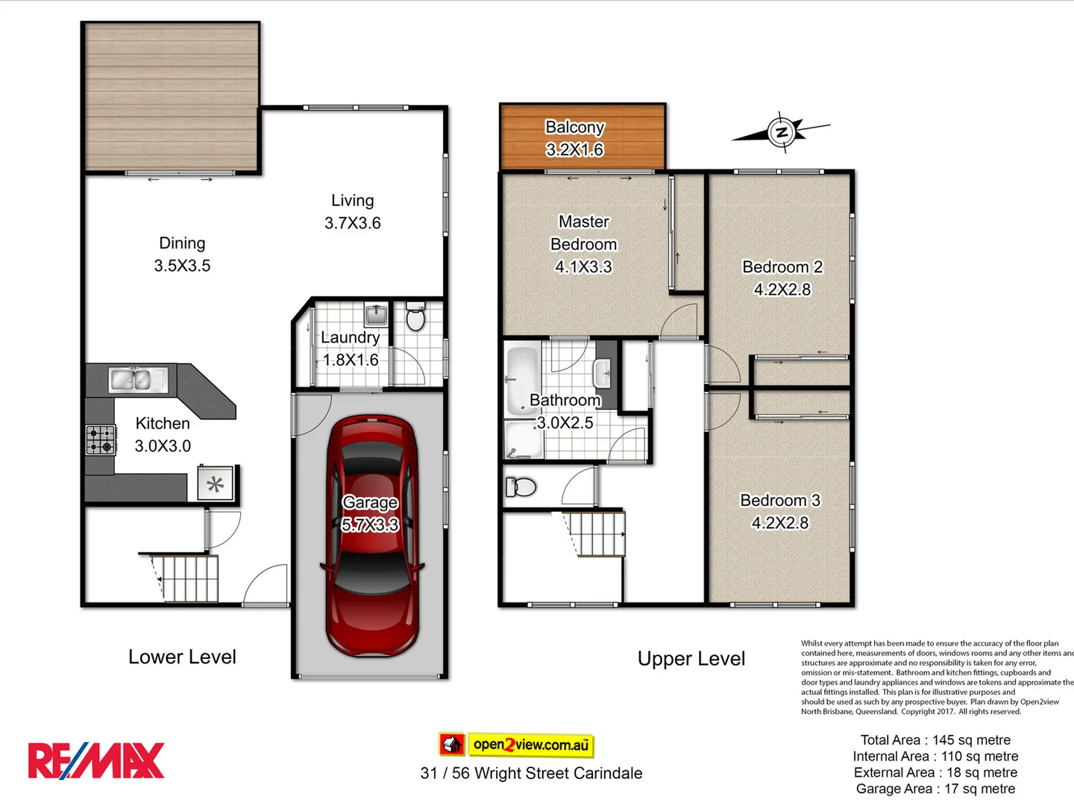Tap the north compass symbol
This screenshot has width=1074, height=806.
point(781,134)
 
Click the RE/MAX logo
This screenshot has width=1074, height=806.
point(96,760)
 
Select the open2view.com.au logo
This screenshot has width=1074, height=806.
point(517,744)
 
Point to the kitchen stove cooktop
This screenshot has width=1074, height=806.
point(101,440)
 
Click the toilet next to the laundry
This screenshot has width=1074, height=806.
point(415,317)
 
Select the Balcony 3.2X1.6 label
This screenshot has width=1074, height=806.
point(574,139)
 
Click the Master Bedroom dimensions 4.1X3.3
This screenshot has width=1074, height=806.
point(583,267)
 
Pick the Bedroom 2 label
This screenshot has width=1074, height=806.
point(782,267)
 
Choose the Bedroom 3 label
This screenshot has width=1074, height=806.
point(780,501)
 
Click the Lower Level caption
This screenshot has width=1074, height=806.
point(182,657)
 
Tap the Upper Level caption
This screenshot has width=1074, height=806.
point(691,659)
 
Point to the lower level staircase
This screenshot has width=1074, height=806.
point(186,578)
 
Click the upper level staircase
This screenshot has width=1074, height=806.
point(594,534)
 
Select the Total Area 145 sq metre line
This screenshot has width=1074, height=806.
point(935,740)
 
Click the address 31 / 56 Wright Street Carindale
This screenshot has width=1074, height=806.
point(531,773)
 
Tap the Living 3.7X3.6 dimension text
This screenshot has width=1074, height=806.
point(353,223)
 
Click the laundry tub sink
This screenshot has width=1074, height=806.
point(376,315)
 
